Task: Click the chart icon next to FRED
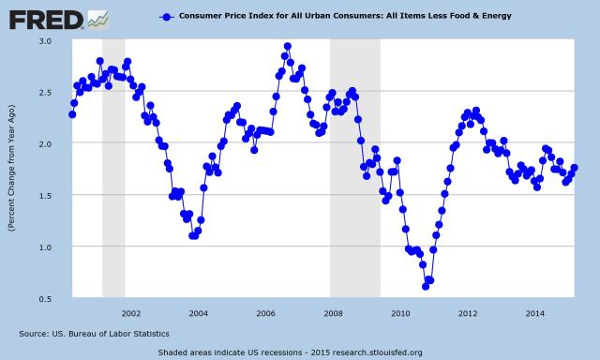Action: coord(97,18)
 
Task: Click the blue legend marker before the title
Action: coord(166,17)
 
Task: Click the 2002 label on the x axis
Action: coord(130,312)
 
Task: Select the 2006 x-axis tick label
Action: coord(265,312)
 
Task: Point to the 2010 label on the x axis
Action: coord(400,312)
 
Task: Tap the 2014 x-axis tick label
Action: coord(535,312)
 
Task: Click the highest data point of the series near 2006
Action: coord(287,46)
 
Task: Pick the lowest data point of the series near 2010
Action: coord(425,286)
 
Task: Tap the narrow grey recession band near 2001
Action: coord(113,169)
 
